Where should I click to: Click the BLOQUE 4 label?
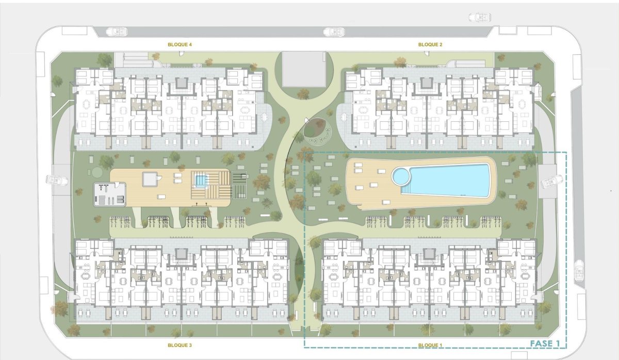coord(180,45)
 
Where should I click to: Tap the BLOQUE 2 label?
coord(430,45)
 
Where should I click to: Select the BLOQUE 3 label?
coord(180,345)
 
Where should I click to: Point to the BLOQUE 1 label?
coord(430,345)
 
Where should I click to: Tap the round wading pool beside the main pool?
coord(401,176)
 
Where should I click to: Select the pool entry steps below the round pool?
coord(406,190)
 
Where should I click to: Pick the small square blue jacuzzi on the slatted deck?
coord(200,180)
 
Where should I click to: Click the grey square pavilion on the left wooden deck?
coord(149,179)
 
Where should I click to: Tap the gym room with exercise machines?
coord(109,193)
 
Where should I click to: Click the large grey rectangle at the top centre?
coord(304,69)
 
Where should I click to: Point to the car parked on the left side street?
coord(55,180)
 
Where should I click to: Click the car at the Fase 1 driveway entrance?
coord(551,181)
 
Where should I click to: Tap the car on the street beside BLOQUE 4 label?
coord(116,31)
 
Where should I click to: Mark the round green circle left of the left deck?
coord(96,171)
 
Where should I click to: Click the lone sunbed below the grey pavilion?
coord(161,197)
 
